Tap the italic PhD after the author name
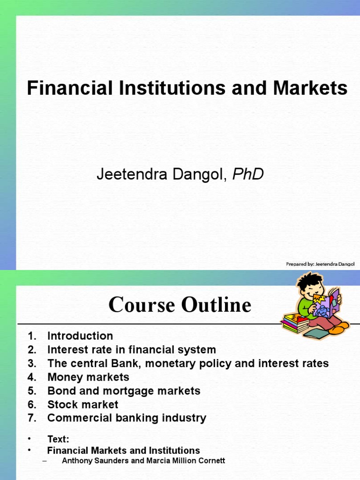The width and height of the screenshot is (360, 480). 248,174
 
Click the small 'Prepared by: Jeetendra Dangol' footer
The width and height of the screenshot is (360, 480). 320,264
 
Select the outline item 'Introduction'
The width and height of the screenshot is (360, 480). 80,336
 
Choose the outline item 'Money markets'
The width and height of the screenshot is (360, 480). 88,377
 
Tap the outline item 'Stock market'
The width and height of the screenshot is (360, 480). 83,404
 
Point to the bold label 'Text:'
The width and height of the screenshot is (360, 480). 58,439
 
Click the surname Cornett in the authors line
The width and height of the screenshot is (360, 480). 211,461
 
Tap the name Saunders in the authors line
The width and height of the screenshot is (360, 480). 106,461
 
